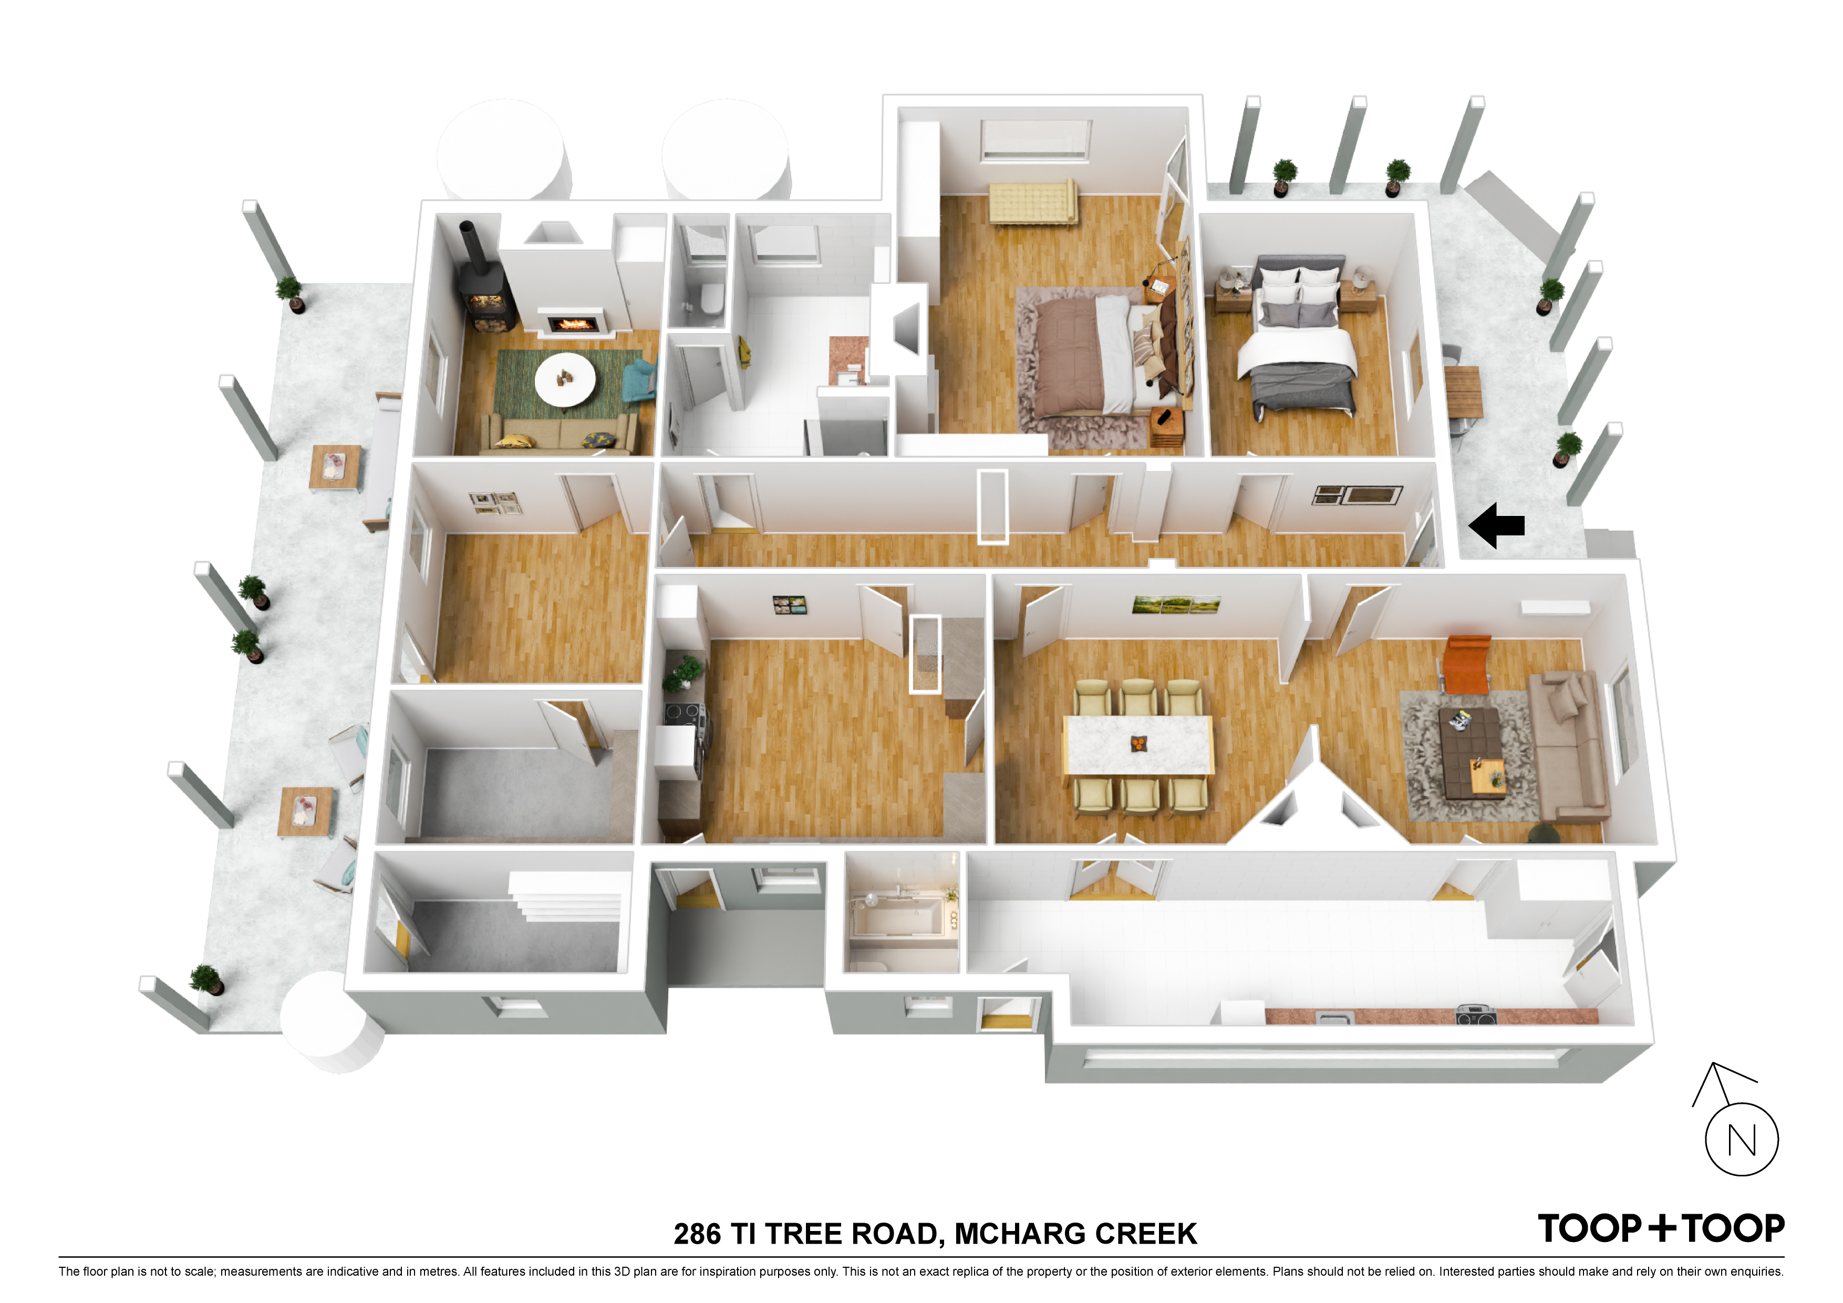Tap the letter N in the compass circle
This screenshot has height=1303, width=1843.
click(1741, 1140)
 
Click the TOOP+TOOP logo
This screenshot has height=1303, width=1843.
click(1661, 1228)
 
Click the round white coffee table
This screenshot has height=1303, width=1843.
click(565, 379)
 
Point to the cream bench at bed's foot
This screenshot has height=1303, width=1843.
click(1033, 201)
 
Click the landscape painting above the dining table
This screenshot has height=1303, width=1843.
click(1176, 604)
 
